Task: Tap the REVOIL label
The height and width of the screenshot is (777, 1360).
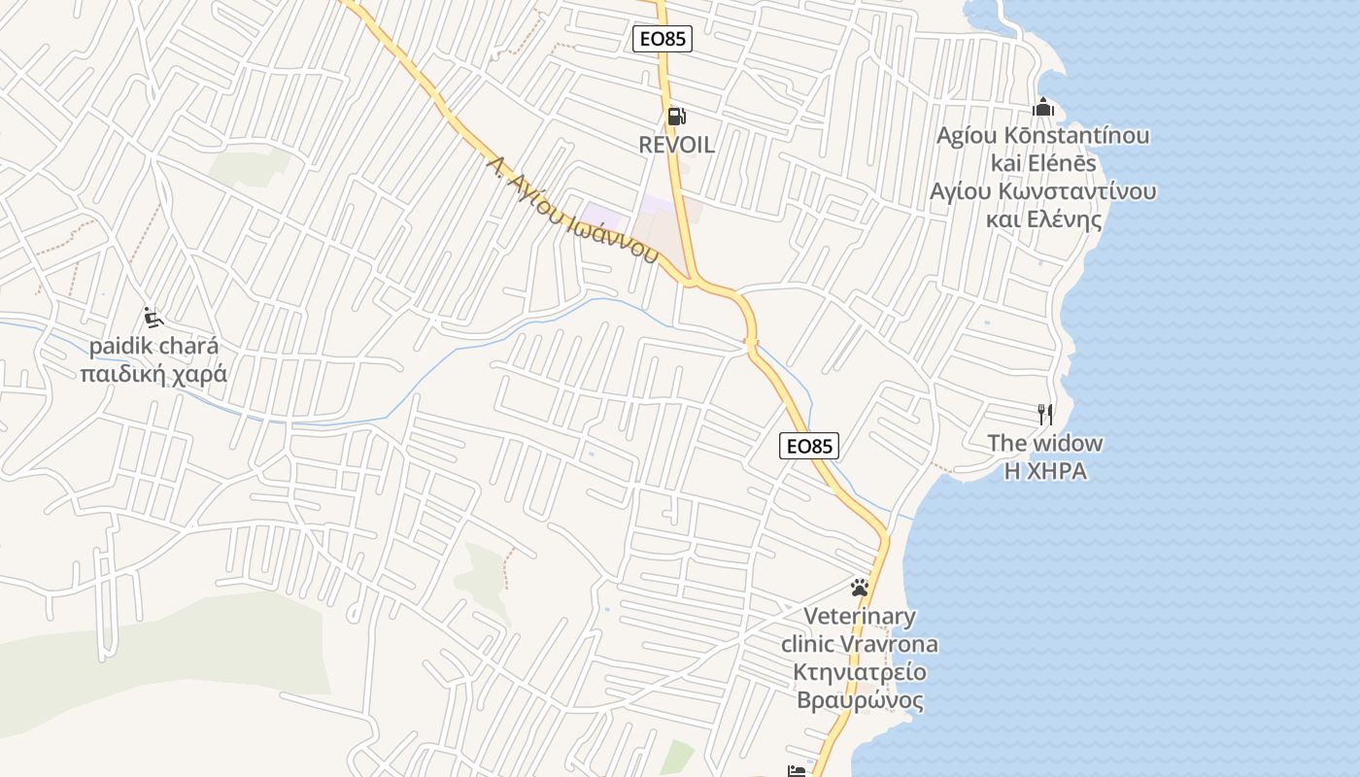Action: [x=676, y=145]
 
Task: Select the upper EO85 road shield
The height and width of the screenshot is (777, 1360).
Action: [x=663, y=39]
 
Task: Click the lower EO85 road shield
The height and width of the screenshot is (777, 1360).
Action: [x=808, y=446]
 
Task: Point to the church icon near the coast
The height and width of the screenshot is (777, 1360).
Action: [x=1043, y=107]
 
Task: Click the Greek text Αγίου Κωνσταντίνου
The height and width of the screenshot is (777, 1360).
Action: [x=1042, y=190]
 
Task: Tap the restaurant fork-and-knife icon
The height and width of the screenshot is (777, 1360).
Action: [x=1045, y=415]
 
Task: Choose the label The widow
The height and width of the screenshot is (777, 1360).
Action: [x=1045, y=444]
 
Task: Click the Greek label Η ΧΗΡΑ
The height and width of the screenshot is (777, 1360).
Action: [x=1045, y=472]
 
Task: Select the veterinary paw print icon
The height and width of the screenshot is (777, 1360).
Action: [x=859, y=587]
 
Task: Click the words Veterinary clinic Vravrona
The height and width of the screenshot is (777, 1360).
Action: [x=860, y=630]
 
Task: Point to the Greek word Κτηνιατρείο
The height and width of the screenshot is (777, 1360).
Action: [x=860, y=672]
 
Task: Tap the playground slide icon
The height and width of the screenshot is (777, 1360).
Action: [x=153, y=317]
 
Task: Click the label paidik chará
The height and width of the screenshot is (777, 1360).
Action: [x=153, y=346]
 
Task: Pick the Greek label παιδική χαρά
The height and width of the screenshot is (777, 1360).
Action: [x=153, y=374]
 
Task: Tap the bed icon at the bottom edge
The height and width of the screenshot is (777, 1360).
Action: [x=797, y=771]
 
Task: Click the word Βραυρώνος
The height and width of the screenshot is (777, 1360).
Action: [x=860, y=700]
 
